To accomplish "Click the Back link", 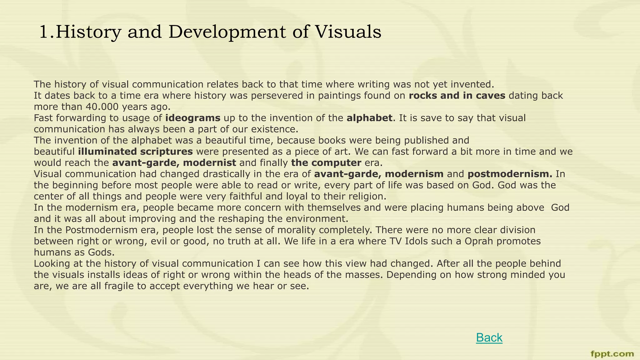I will pos(489,338).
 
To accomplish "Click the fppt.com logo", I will pos(612,354).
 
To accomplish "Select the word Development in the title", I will pos(227,32).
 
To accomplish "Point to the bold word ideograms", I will pos(193,118).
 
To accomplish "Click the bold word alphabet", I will pos(369,118).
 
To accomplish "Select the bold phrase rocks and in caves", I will pos(457,96).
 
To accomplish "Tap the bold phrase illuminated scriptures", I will pos(135,152).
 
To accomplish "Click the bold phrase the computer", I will pos(326,163).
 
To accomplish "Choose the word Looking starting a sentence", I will pos(52,264).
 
